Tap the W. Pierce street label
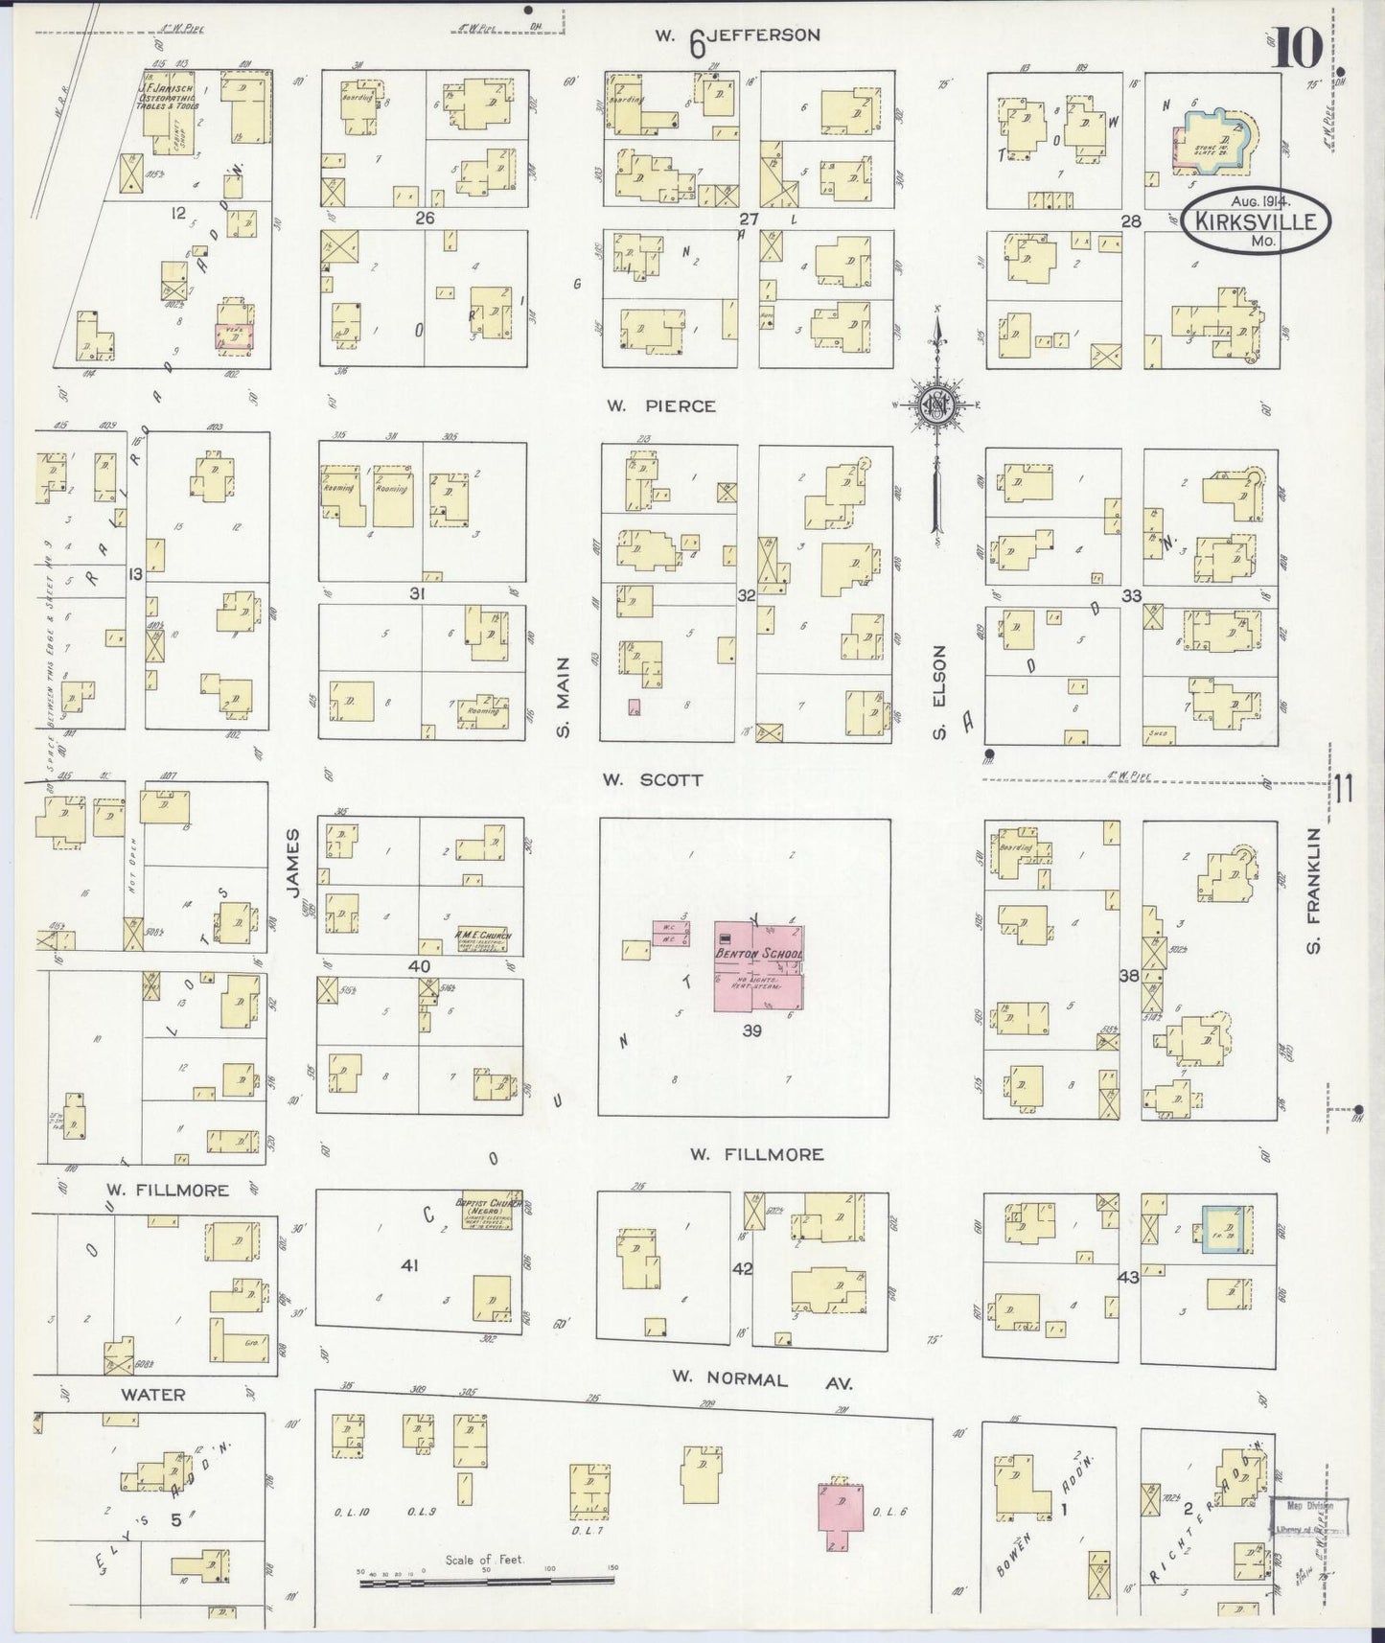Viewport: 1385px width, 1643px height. (660, 405)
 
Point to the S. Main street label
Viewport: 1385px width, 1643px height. (565, 697)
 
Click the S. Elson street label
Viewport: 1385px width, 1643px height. (940, 692)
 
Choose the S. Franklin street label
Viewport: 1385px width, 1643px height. (1314, 890)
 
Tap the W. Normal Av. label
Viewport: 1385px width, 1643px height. (760, 1379)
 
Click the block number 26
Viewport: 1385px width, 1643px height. (424, 218)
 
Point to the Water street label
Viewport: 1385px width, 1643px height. (152, 1394)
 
